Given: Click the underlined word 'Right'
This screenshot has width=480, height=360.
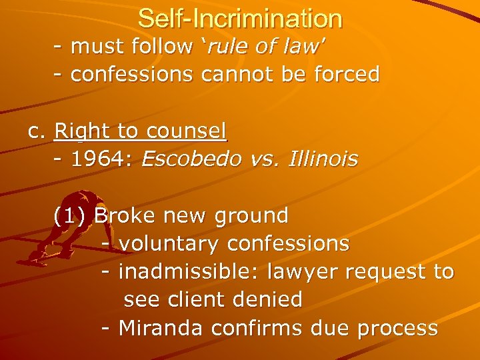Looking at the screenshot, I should point(77,131).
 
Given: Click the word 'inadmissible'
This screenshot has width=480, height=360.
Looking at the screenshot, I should point(189,272).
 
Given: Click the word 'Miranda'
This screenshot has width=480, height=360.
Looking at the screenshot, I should point(161,329).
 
